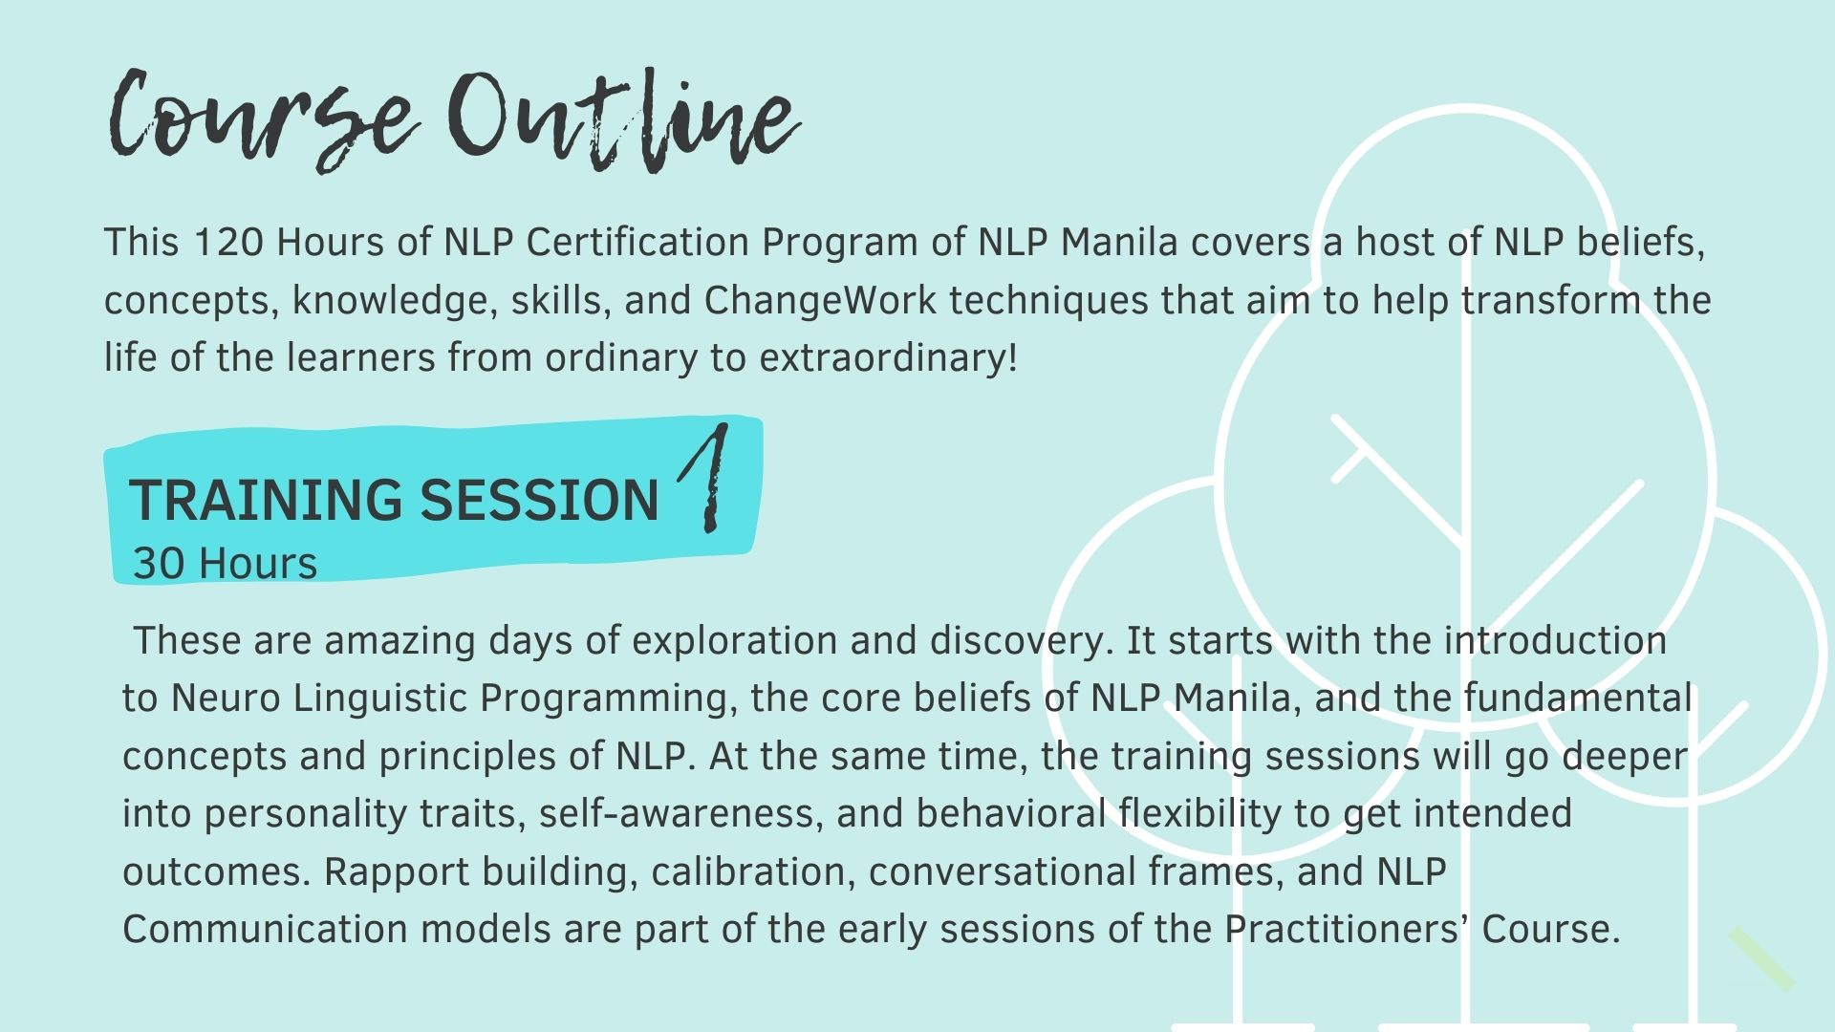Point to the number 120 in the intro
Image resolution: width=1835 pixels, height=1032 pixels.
tap(228, 243)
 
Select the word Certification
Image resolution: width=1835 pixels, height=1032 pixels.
tap(637, 243)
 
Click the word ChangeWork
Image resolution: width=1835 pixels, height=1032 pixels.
tap(821, 302)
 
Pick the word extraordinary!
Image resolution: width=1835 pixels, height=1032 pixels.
tap(889, 358)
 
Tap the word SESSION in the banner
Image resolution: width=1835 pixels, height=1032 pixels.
tap(540, 500)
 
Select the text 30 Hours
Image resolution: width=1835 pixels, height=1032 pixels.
tap(225, 564)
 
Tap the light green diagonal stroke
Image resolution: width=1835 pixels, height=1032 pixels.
tap(1760, 957)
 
